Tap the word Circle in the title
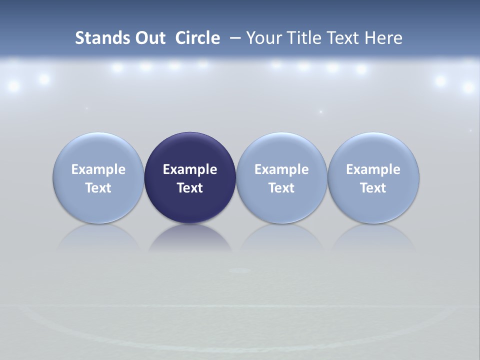(x=197, y=38)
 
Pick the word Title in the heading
(x=301, y=38)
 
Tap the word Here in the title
(x=383, y=38)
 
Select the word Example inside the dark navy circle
(x=190, y=169)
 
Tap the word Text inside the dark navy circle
(x=190, y=188)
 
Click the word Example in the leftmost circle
(x=98, y=169)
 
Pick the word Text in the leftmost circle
(x=98, y=188)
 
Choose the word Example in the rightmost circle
(x=373, y=169)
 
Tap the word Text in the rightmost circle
(x=373, y=188)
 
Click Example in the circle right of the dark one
(x=281, y=169)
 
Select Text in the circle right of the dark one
(x=281, y=188)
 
